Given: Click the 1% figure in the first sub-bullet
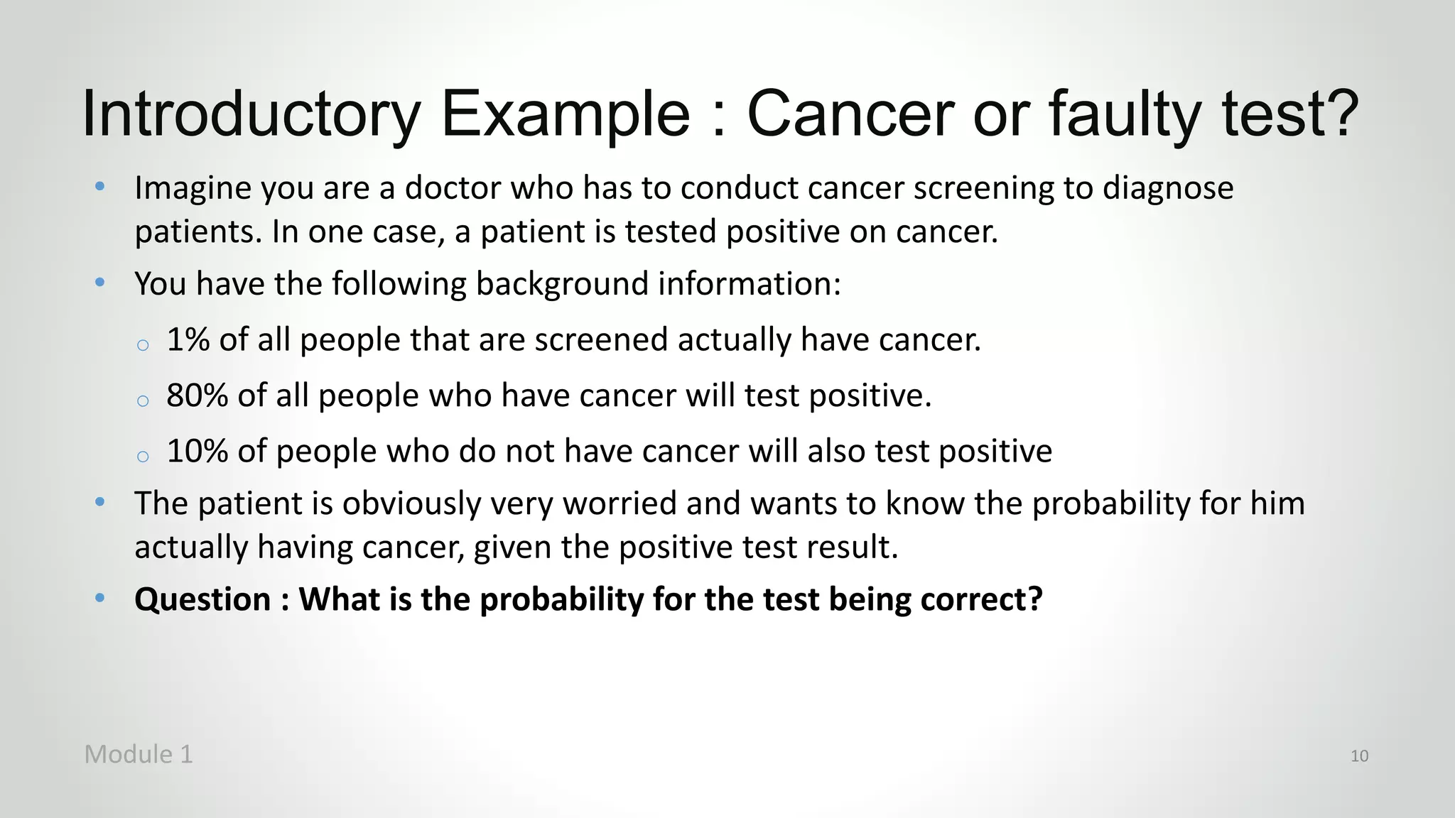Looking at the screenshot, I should pyautogui.click(x=188, y=339).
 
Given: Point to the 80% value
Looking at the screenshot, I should pyautogui.click(x=197, y=396).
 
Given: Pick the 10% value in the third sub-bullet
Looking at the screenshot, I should pyautogui.click(x=197, y=451).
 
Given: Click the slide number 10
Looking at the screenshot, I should pyautogui.click(x=1358, y=756).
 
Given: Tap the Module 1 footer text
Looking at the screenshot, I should pyautogui.click(x=139, y=754).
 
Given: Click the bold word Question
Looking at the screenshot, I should pyautogui.click(x=202, y=599).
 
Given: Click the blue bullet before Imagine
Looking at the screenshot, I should pyautogui.click(x=100, y=187).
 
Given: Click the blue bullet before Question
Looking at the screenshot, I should pyautogui.click(x=100, y=598).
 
